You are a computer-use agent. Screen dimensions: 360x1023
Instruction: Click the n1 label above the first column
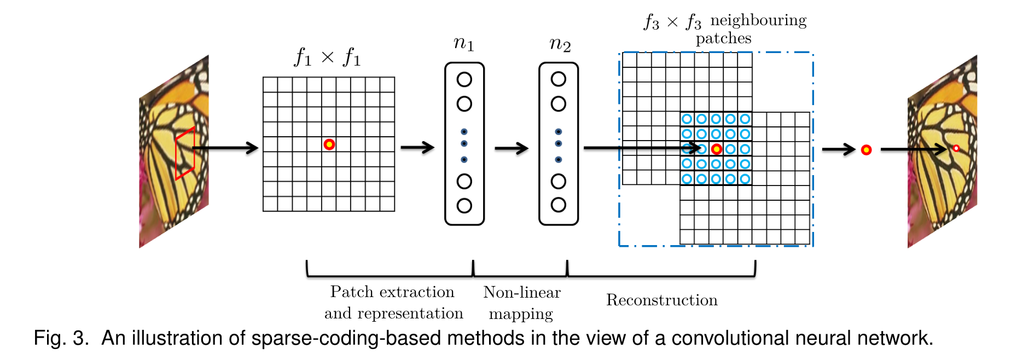click(x=463, y=44)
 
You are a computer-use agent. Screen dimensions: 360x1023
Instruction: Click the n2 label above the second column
click(x=560, y=44)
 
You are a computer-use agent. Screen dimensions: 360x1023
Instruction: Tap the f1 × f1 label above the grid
click(x=328, y=57)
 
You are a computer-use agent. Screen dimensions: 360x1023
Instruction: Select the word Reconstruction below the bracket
click(x=661, y=300)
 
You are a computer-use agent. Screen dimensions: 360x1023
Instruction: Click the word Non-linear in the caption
click(x=522, y=292)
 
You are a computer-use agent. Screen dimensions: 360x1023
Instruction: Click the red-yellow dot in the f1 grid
click(x=329, y=144)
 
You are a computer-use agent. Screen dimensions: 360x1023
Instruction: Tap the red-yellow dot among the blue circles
click(x=716, y=149)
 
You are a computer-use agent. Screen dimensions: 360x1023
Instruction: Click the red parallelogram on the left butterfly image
click(x=185, y=153)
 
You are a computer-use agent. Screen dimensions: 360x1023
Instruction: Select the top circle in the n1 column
click(x=464, y=80)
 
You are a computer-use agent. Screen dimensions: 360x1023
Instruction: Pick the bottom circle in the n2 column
click(x=558, y=205)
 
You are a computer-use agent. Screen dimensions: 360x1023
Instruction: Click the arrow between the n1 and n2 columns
click(x=511, y=148)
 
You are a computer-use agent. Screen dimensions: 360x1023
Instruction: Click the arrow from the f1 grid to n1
click(x=417, y=147)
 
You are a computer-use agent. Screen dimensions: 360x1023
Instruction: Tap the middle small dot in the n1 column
click(x=464, y=144)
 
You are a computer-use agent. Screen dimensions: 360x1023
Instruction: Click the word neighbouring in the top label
click(x=758, y=21)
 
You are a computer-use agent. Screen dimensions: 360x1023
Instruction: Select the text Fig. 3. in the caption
click(x=61, y=338)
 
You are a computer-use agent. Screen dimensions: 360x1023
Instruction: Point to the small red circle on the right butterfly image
click(x=956, y=148)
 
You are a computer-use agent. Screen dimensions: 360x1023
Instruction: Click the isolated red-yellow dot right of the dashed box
click(x=866, y=150)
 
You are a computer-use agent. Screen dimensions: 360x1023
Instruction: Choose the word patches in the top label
click(x=723, y=38)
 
